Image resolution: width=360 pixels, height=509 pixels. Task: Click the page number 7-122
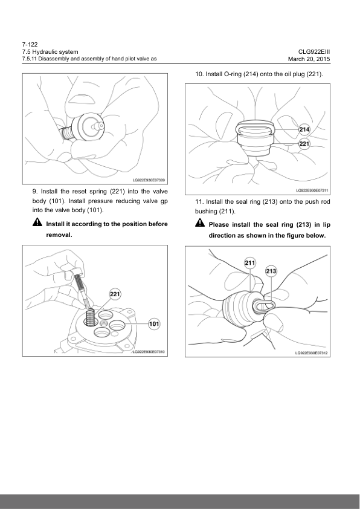point(30,45)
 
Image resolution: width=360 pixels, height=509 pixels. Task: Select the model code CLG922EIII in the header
point(314,52)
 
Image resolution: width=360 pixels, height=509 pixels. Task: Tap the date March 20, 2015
point(309,59)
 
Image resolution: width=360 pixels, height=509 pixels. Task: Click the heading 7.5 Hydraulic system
point(50,52)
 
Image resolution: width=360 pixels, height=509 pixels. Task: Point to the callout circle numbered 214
point(304,129)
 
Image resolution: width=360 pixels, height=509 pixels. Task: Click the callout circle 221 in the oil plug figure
point(304,143)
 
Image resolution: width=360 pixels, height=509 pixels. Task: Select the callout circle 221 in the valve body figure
point(115,294)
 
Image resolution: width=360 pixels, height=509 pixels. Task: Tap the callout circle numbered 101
point(154,324)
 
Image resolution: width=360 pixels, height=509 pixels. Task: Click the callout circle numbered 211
point(249,263)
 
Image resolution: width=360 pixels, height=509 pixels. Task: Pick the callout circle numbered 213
point(271,271)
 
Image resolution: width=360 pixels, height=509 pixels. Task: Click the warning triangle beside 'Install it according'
point(37,222)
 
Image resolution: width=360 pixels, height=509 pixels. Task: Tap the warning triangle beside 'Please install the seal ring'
point(200,222)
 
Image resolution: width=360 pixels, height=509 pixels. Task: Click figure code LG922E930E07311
point(312,190)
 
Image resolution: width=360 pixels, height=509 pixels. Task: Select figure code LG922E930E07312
point(311,353)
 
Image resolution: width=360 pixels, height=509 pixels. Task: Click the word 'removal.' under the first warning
point(59,235)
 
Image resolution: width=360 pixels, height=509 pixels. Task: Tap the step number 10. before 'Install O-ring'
point(199,74)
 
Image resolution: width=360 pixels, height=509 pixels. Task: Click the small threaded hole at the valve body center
point(103,323)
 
